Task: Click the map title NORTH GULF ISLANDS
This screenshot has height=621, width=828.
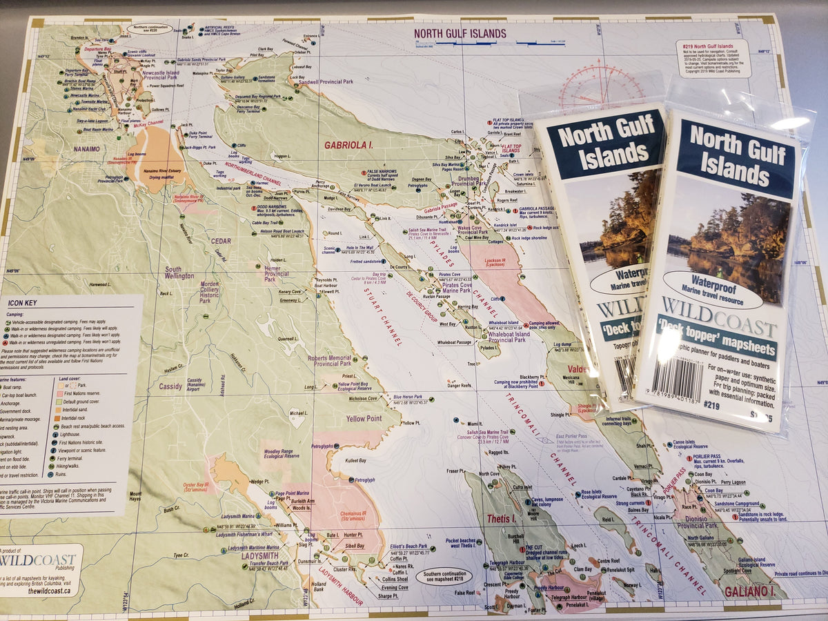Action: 460,33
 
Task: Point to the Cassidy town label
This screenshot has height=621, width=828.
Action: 170,387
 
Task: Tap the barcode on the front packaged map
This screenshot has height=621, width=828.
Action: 679,378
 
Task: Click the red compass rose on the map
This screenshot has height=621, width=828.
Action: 600,86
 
